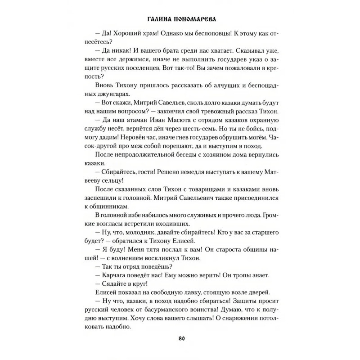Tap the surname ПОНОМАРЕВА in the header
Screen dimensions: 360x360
[x=200, y=20]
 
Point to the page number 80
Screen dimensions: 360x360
[x=180, y=338]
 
